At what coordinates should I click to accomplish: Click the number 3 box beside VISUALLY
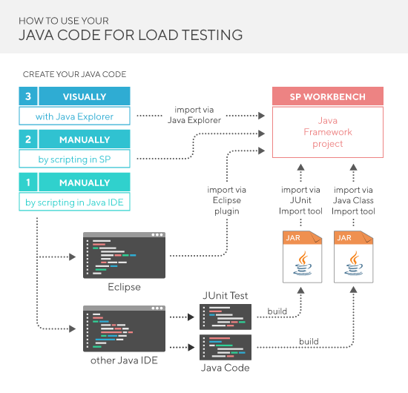pyautogui.click(x=27, y=96)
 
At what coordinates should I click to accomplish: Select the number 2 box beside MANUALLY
pyautogui.click(x=27, y=139)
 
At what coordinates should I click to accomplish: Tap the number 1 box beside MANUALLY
pyautogui.click(x=27, y=182)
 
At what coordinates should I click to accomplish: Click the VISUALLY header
pyautogui.click(x=84, y=96)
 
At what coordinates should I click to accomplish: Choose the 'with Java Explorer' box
pyautogui.click(x=74, y=116)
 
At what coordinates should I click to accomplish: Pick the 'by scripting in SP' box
pyautogui.click(x=74, y=159)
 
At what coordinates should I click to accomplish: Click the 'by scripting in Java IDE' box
pyautogui.click(x=74, y=202)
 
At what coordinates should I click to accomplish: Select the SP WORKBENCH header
pyautogui.click(x=328, y=96)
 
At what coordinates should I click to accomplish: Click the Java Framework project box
pyautogui.click(x=328, y=132)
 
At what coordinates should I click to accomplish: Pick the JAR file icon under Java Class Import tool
pyautogui.click(x=354, y=254)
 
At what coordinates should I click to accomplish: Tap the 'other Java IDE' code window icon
pyautogui.click(x=125, y=326)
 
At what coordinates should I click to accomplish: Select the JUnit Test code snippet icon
pyautogui.click(x=226, y=317)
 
